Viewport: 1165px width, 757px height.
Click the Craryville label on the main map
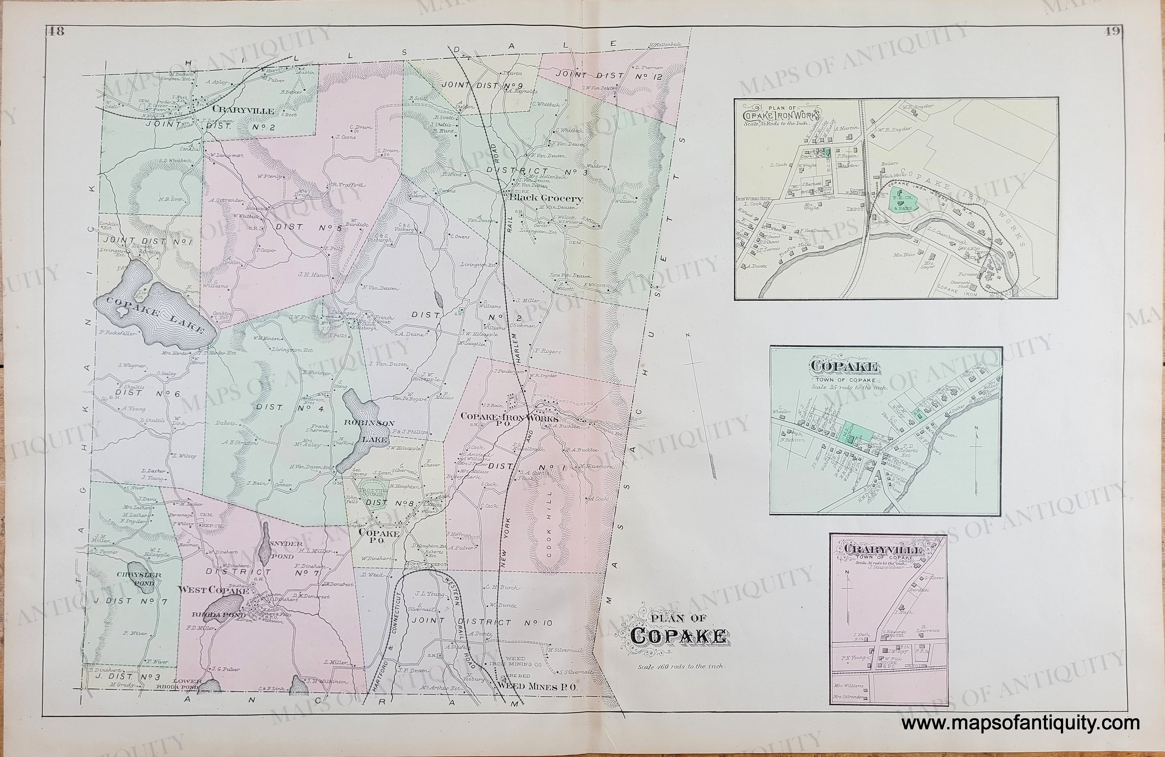click(x=243, y=111)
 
